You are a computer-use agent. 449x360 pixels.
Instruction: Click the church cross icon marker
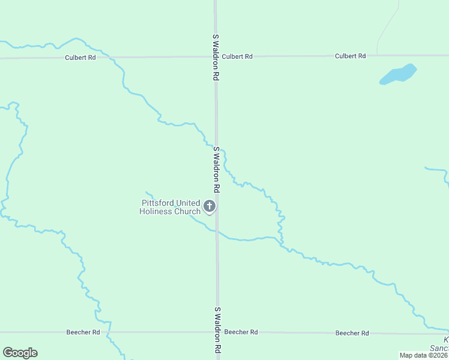click(x=210, y=207)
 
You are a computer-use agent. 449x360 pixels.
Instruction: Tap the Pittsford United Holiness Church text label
click(x=170, y=207)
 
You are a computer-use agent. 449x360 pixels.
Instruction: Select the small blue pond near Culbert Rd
click(x=399, y=74)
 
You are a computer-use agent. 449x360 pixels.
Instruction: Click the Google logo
click(x=20, y=353)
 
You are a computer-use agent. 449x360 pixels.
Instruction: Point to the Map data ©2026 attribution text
click(x=423, y=355)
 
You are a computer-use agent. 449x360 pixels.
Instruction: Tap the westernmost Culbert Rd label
click(x=80, y=58)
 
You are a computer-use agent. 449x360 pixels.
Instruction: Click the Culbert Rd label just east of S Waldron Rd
click(x=237, y=56)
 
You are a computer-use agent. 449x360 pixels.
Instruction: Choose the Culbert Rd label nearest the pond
click(x=350, y=56)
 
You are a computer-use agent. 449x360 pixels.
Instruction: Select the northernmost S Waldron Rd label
click(x=214, y=58)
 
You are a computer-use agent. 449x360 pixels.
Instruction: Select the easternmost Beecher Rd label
click(x=351, y=332)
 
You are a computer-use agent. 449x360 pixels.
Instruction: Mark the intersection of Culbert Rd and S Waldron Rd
click(x=215, y=57)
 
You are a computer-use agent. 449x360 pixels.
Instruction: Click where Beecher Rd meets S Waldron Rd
click(x=217, y=332)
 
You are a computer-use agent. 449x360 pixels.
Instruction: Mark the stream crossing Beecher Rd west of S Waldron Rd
click(x=109, y=332)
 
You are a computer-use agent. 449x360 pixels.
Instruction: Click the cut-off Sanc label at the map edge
click(x=439, y=349)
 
